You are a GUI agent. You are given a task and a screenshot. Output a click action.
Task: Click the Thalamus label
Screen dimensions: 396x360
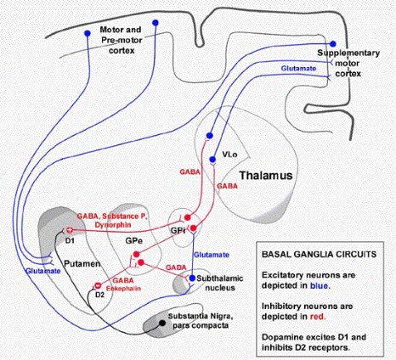266,176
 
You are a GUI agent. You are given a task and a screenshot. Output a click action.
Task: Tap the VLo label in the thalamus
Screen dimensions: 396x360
229,155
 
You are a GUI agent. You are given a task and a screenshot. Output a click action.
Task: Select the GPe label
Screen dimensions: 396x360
133,240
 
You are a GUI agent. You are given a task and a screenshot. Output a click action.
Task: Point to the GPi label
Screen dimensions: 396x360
178,231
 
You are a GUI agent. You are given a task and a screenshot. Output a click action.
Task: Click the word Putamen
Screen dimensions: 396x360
82,264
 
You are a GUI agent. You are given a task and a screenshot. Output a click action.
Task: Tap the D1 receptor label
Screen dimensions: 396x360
69,241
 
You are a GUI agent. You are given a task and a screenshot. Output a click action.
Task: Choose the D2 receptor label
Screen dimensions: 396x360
99,295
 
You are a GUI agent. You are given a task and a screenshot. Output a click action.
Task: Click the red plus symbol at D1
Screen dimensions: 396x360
70,230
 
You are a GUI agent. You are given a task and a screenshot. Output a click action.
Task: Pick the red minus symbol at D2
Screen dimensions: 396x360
98,285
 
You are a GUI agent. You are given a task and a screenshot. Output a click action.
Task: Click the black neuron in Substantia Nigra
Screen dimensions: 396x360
162,323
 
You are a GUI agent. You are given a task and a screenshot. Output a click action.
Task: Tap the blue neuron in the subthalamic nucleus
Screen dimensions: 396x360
192,278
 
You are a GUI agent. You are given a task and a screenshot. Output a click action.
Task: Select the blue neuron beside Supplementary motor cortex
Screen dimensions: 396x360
333,44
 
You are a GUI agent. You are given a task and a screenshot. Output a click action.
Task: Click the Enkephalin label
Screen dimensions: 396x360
123,289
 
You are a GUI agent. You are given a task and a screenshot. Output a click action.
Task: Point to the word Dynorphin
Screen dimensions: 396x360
113,225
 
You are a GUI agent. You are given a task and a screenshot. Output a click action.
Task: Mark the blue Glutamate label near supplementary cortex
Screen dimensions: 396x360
298,69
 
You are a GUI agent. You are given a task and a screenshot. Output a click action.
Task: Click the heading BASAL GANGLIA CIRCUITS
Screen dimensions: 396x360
319,254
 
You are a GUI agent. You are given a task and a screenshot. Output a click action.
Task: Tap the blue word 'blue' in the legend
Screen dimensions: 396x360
320,285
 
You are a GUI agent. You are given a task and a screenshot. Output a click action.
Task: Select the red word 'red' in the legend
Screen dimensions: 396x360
318,317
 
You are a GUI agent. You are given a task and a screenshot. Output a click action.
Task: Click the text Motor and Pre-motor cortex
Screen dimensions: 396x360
122,40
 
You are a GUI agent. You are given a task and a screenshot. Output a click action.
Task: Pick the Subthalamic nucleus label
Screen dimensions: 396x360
220,283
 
